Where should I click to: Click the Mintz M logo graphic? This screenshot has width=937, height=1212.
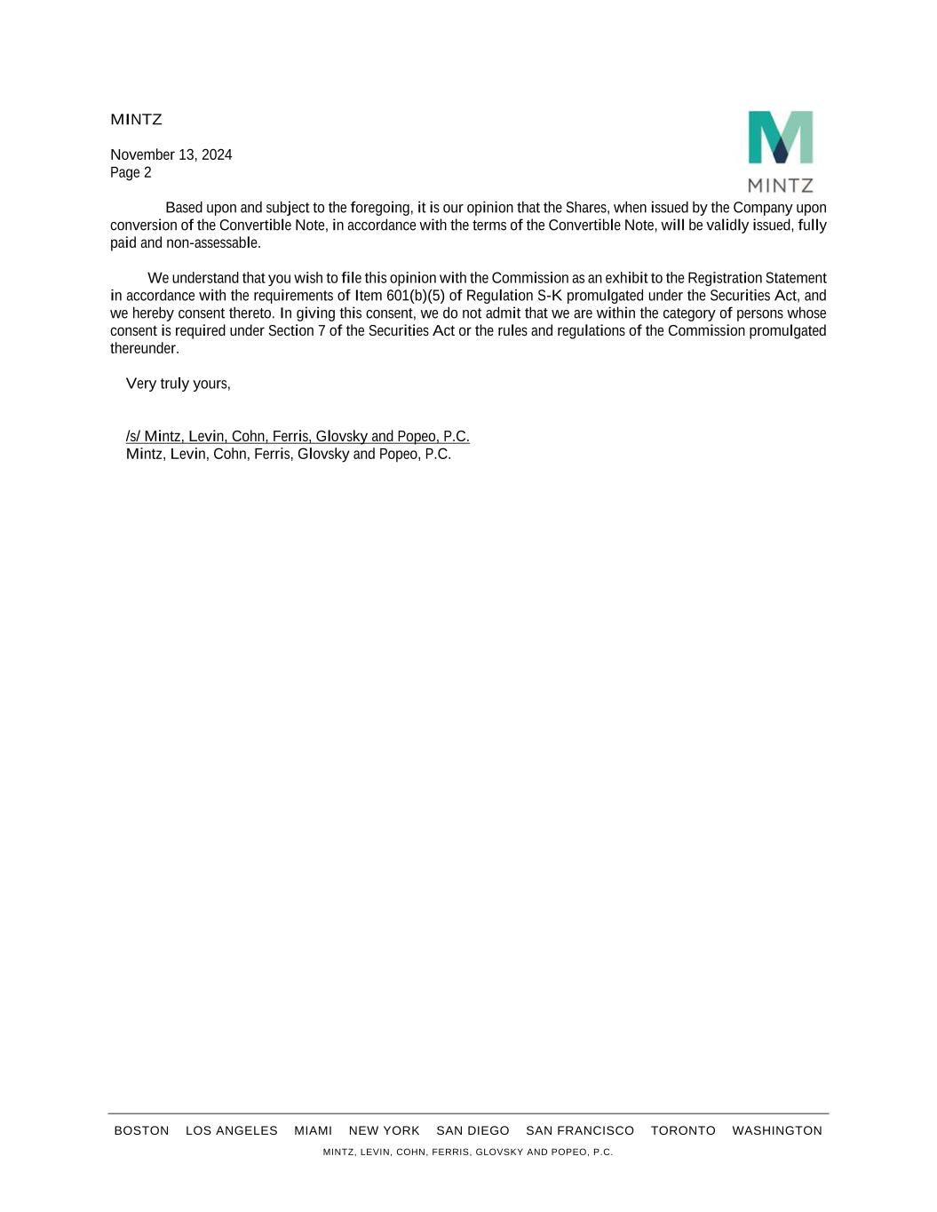tap(780, 138)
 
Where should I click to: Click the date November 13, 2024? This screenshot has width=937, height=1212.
tap(171, 154)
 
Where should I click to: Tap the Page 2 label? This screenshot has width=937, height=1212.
tap(131, 172)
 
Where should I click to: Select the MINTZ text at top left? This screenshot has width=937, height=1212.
tap(136, 119)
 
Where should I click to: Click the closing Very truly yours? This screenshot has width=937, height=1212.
tap(178, 384)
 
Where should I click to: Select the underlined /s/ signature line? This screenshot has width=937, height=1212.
tap(298, 436)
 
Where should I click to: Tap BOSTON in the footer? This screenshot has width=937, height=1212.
tap(141, 1130)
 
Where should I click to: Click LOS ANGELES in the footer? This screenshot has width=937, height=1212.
tap(231, 1130)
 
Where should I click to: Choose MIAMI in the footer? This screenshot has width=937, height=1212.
tap(313, 1130)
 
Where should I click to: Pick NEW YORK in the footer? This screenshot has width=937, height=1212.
tap(384, 1130)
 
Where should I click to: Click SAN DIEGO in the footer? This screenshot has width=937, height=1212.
tap(472, 1130)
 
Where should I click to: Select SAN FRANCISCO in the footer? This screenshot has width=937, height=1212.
tap(580, 1130)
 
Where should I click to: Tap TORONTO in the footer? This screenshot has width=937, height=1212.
tap(683, 1130)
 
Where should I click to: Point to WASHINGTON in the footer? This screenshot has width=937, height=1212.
tap(777, 1130)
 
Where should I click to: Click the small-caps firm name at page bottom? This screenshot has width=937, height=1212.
tap(467, 1152)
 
